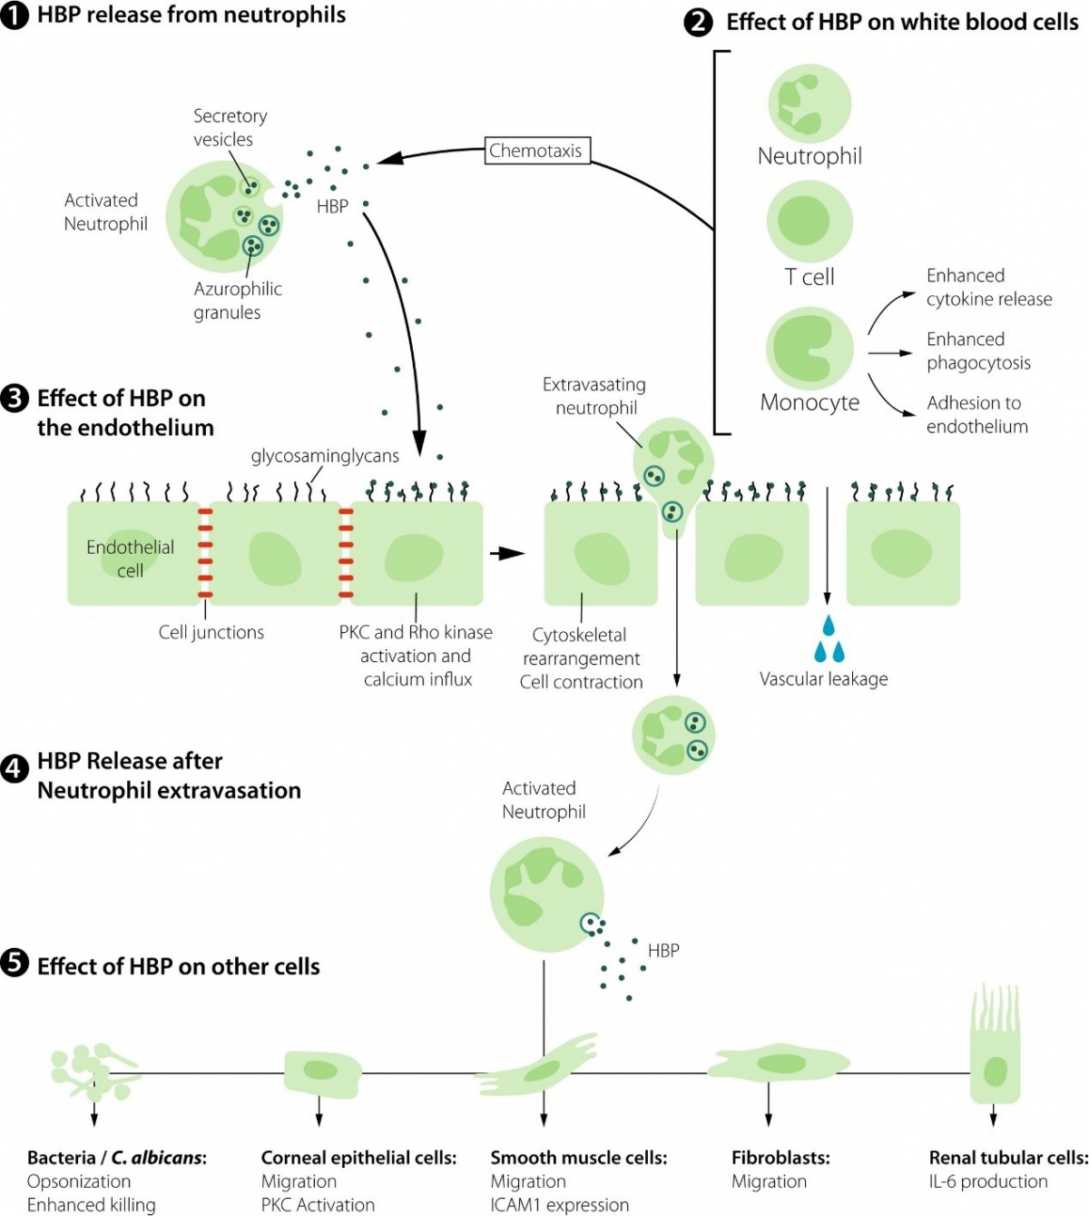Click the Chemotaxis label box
click(x=536, y=151)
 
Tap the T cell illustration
click(x=809, y=222)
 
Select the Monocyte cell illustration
click(x=809, y=349)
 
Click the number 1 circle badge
click(x=15, y=15)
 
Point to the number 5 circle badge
click(x=15, y=964)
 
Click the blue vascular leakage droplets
click(x=829, y=639)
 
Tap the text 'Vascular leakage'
click(x=823, y=679)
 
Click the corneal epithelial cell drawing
click(x=321, y=1072)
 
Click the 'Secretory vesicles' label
click(x=230, y=128)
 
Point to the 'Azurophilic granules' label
click(x=237, y=301)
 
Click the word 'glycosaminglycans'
click(x=325, y=456)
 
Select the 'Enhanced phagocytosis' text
click(x=978, y=351)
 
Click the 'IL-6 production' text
click(x=987, y=1181)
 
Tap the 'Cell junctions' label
click(x=211, y=633)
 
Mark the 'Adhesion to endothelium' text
click(x=976, y=415)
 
